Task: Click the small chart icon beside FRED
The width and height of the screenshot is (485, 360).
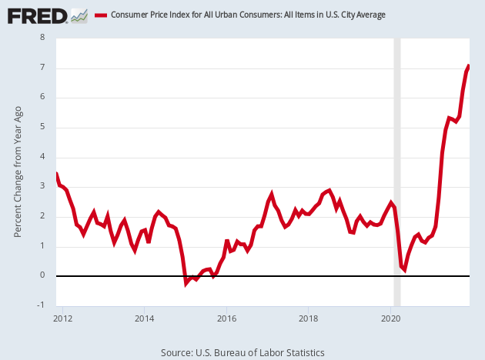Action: pyautogui.click(x=79, y=15)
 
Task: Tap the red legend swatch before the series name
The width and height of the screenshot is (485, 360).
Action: pyautogui.click(x=100, y=15)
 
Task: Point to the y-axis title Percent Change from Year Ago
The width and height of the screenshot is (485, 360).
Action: pyautogui.click(x=18, y=171)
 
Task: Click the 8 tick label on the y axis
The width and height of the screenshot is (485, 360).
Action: pyautogui.click(x=42, y=38)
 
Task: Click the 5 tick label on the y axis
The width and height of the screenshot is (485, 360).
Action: pyautogui.click(x=42, y=127)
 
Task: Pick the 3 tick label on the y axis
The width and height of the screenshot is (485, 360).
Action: pyautogui.click(x=42, y=186)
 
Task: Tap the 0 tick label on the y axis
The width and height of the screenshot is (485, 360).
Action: pyautogui.click(x=42, y=275)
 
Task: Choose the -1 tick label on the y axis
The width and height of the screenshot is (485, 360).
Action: pyautogui.click(x=41, y=305)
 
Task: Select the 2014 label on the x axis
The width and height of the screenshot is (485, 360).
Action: pyautogui.click(x=144, y=317)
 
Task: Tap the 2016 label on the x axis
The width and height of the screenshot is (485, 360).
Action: pyautogui.click(x=226, y=317)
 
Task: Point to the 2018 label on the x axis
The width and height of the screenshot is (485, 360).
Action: pyautogui.click(x=309, y=317)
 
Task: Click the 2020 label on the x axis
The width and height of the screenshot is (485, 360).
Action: pyautogui.click(x=391, y=317)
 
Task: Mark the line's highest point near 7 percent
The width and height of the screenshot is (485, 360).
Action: pyautogui.click(x=469, y=66)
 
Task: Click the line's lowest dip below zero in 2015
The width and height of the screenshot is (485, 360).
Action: pyautogui.click(x=186, y=283)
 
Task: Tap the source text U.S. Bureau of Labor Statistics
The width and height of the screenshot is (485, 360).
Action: pyautogui.click(x=242, y=352)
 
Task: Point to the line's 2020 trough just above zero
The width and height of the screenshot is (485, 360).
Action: pyautogui.click(x=404, y=270)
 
